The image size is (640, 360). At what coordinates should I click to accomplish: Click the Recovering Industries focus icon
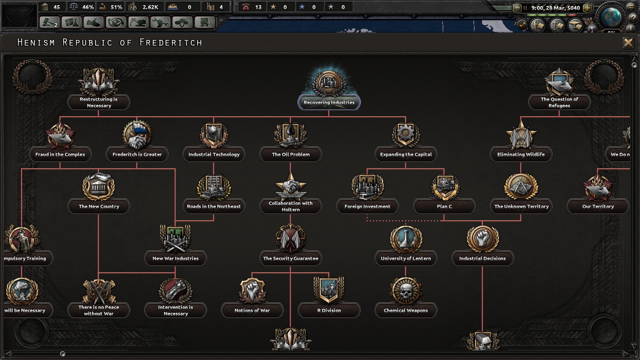[x=329, y=83]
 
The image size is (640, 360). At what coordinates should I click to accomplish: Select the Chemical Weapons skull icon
[x=406, y=291]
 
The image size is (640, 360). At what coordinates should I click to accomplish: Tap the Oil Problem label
[x=290, y=154]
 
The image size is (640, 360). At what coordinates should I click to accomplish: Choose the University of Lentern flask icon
[x=406, y=239]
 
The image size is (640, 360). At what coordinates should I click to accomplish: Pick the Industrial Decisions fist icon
[x=482, y=239]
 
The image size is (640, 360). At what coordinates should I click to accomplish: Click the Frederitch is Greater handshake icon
[x=137, y=135]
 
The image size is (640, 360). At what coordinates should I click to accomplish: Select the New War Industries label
[x=176, y=258]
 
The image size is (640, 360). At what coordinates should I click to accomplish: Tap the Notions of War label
[x=252, y=310]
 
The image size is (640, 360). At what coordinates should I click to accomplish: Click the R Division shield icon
[x=329, y=290]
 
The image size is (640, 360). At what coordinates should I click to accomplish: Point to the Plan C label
[x=444, y=206]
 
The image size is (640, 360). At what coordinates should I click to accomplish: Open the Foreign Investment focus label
[x=368, y=206]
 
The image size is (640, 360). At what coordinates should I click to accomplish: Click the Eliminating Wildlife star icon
[x=521, y=135]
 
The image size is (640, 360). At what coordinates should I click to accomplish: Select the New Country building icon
[x=98, y=186]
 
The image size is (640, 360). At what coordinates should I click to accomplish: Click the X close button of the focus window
[x=628, y=43]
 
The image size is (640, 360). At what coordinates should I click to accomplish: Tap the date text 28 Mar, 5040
[x=563, y=8]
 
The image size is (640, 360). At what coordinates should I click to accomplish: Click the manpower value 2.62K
[x=150, y=7]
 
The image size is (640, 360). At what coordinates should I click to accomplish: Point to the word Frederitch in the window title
[x=170, y=42]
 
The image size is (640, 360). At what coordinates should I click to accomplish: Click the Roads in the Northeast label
[x=214, y=206]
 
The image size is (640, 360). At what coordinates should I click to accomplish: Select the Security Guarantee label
[x=290, y=258]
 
